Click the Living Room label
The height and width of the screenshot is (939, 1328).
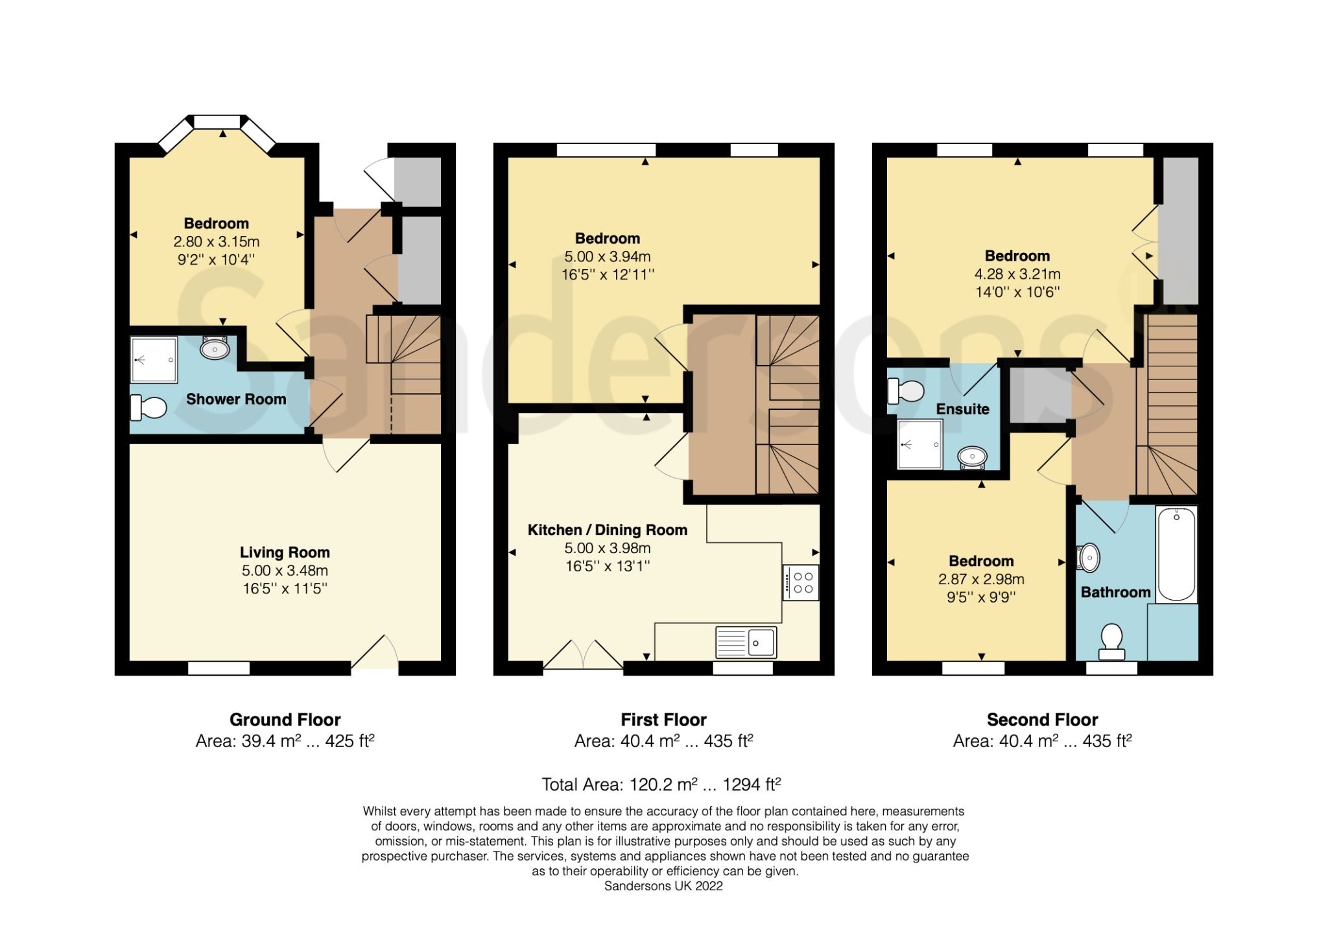285,553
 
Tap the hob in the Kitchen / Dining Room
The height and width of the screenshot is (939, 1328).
801,582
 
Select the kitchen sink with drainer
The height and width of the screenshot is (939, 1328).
746,642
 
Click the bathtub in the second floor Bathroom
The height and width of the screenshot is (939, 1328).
1176,554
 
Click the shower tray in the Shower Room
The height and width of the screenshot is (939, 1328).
154,360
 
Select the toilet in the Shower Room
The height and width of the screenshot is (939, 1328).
148,407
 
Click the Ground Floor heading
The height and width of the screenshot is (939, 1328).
285,720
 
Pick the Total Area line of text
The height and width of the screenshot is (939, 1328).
661,785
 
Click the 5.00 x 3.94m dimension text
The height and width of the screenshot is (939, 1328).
607,257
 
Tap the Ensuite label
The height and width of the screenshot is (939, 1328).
962,409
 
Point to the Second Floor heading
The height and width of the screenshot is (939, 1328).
1042,720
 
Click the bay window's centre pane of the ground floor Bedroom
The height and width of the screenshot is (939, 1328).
217,121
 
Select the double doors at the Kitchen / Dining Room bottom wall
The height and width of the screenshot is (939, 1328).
583,655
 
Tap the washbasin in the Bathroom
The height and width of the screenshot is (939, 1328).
1089,557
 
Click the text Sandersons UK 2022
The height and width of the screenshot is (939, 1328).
663,886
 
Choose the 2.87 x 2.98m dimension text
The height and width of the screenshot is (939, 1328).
981,579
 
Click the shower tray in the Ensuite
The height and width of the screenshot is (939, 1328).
919,444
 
